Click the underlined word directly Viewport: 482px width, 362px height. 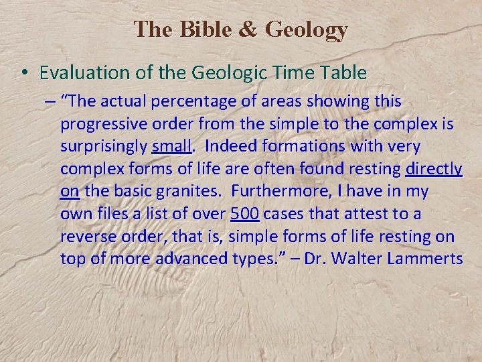click(434, 170)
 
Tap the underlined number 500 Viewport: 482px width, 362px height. click(245, 215)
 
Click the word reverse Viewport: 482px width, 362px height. click(84, 237)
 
